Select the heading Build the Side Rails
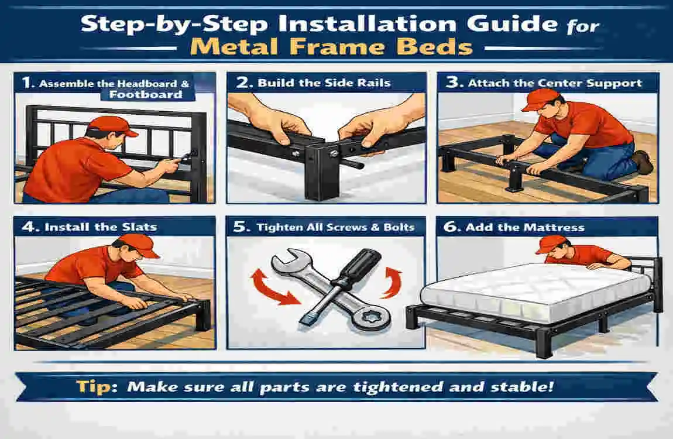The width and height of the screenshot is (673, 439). (x=324, y=83)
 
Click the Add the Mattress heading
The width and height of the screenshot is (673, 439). (x=524, y=227)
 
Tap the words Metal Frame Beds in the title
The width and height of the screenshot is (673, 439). (x=331, y=46)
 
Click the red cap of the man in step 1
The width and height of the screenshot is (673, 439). (x=109, y=124)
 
